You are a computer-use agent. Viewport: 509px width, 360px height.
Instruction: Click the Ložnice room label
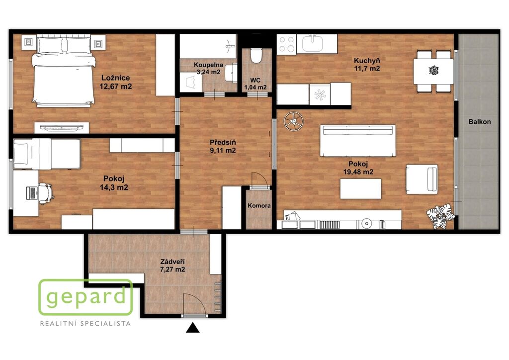[115, 78]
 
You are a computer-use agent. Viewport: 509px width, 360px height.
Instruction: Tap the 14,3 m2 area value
[114, 187]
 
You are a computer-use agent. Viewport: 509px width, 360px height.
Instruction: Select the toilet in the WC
[256, 56]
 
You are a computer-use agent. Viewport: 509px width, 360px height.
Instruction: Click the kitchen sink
[312, 44]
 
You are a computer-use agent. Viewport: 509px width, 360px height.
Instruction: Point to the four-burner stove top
[287, 44]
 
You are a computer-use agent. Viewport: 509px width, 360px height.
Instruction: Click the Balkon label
[480, 122]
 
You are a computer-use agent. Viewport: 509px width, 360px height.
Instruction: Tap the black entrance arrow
[193, 328]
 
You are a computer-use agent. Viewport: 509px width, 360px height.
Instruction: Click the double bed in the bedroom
[63, 72]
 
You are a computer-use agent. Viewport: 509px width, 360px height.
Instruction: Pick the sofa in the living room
[358, 141]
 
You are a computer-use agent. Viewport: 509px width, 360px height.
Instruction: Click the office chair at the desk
[45, 193]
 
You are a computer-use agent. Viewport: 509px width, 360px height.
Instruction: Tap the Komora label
[259, 205]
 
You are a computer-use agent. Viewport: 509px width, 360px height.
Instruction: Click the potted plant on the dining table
[433, 70]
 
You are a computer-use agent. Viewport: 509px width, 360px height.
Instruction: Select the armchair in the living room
[422, 179]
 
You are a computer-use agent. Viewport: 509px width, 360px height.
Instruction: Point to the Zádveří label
[172, 262]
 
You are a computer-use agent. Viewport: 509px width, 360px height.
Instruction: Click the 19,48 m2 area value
[358, 172]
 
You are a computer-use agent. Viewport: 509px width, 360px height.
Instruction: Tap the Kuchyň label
[367, 60]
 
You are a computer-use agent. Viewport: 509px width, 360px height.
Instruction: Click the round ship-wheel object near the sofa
[293, 121]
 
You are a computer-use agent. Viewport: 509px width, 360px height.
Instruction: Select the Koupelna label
[208, 65]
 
